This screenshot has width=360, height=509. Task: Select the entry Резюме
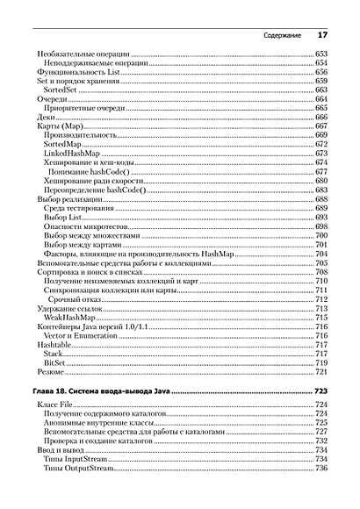click(52, 371)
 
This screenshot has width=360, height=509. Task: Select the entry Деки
click(47, 117)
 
